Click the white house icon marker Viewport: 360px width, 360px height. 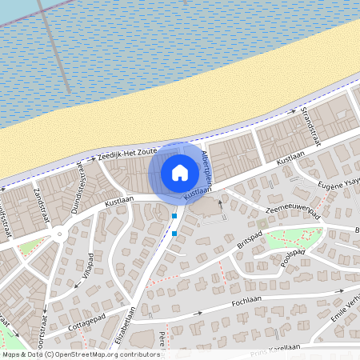[x=180, y=172]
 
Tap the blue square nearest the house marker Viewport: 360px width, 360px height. [x=174, y=216]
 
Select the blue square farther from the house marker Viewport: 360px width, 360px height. [x=174, y=234]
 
